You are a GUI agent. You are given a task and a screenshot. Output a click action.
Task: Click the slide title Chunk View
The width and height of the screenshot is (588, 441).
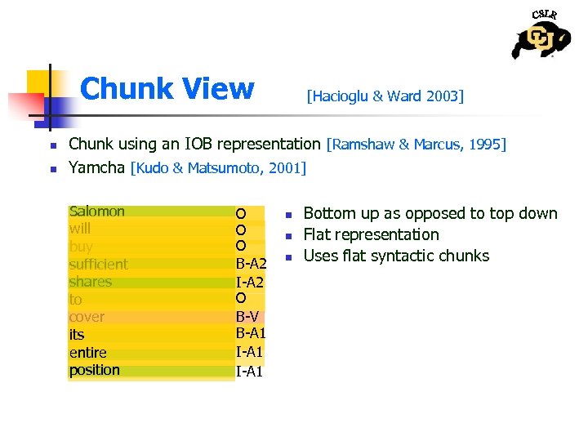click(x=167, y=88)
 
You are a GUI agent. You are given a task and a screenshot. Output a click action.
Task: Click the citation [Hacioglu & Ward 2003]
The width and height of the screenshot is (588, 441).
click(x=385, y=96)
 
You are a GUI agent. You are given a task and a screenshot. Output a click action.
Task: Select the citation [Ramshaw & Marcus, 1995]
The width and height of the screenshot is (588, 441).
click(x=416, y=145)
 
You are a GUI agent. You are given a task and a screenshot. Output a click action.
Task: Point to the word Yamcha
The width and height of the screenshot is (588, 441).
click(x=97, y=168)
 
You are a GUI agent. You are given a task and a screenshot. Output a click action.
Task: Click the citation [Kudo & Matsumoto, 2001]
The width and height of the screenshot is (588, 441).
click(x=218, y=169)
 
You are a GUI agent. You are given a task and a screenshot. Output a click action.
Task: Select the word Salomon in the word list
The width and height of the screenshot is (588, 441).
click(x=97, y=212)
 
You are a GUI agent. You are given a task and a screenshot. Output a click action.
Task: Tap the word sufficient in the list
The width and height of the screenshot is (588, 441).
click(x=98, y=264)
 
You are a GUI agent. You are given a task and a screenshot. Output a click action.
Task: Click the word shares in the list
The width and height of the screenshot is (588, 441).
click(x=90, y=282)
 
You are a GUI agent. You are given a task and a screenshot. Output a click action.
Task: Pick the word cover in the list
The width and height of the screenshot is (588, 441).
click(x=87, y=317)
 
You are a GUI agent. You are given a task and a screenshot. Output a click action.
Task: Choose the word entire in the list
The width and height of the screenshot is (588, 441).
click(x=88, y=352)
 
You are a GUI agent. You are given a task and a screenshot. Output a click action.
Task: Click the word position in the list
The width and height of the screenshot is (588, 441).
click(x=94, y=370)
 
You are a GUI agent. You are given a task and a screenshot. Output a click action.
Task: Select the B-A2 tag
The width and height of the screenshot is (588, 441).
click(x=251, y=264)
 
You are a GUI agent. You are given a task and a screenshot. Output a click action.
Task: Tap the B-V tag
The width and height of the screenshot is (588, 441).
click(x=247, y=316)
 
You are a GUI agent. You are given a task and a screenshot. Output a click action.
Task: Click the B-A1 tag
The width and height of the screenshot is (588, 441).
click(x=251, y=333)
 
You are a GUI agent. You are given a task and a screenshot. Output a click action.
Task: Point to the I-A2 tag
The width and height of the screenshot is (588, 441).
click(x=250, y=282)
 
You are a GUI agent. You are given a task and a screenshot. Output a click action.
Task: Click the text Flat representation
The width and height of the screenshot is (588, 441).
click(x=371, y=234)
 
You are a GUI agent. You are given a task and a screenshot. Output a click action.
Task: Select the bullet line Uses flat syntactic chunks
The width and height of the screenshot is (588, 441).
click(x=396, y=256)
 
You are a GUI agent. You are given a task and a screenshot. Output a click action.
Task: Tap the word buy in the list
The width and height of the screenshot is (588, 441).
click(x=81, y=247)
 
